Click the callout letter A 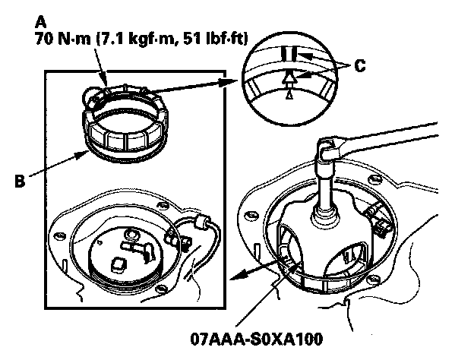click(41, 22)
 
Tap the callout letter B click(20, 181)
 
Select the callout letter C click(360, 66)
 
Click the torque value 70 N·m click(62, 39)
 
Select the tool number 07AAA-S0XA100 click(256, 339)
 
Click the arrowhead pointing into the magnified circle click(231, 81)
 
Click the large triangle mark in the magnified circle click(289, 78)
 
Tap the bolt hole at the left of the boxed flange click(59, 235)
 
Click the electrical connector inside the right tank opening click(377, 220)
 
